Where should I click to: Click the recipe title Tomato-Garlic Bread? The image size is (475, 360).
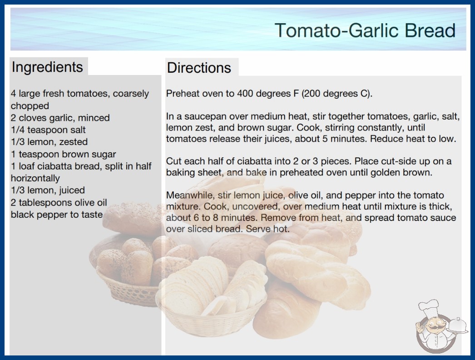tap(365, 30)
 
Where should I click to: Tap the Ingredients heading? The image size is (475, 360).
tap(47, 67)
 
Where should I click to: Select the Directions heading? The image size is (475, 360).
tap(199, 68)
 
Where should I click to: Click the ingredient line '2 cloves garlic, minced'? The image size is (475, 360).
tap(60, 118)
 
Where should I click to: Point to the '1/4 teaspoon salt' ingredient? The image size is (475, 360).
tap(48, 130)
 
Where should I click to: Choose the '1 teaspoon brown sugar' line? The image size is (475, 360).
tap(63, 154)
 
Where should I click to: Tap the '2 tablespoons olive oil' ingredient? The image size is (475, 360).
tap(59, 202)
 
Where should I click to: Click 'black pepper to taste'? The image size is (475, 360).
tap(57, 215)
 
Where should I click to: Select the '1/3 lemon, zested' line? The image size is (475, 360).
tap(49, 142)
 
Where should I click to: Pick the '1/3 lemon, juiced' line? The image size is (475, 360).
tap(48, 190)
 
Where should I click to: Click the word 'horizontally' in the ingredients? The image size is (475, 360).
tap(35, 178)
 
